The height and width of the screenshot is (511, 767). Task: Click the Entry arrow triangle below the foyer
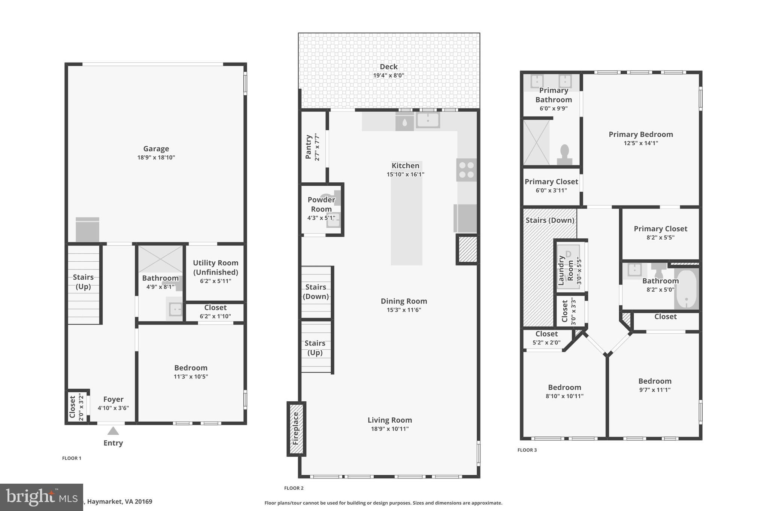(113, 431)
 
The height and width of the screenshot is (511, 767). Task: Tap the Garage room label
(156, 149)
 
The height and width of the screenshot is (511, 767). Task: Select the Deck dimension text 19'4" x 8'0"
(388, 75)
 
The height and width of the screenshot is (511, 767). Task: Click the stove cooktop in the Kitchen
(466, 170)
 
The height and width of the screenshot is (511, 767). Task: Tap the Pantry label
(309, 147)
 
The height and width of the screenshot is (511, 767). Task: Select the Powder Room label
(321, 204)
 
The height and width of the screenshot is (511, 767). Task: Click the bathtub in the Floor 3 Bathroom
(686, 289)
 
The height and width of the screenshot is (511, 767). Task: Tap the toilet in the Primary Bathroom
(564, 155)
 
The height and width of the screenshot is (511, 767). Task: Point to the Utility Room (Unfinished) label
(215, 267)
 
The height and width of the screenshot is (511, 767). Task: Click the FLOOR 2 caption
(294, 488)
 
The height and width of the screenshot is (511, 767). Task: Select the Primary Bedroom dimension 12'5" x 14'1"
(640, 143)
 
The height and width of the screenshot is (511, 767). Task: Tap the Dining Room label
(404, 301)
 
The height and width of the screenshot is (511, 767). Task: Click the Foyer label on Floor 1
(113, 399)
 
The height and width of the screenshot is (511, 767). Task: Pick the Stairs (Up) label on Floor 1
(83, 282)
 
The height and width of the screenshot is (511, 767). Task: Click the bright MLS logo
(41, 497)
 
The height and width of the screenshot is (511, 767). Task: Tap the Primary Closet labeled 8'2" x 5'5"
(660, 229)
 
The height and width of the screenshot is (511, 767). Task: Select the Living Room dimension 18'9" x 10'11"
(389, 429)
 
